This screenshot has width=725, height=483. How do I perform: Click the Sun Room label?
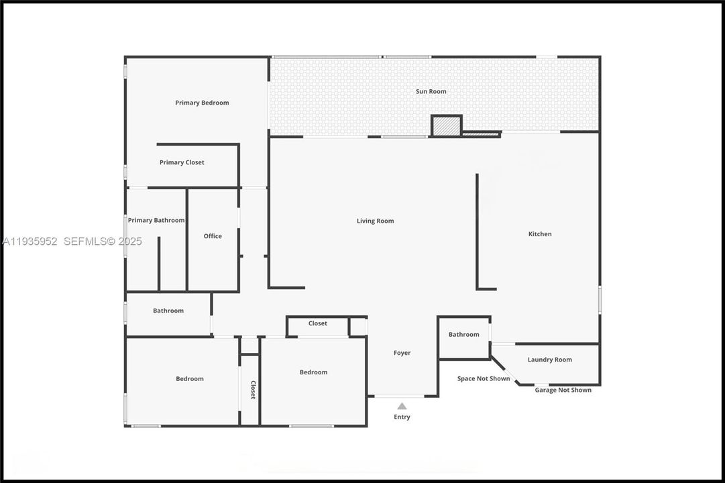click(x=431, y=91)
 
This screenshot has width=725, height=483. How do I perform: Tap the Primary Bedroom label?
click(x=202, y=103)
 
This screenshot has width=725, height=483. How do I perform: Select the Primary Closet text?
click(x=182, y=162)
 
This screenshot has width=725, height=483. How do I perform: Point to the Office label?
click(x=213, y=236)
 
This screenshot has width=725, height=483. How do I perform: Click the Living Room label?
click(x=375, y=221)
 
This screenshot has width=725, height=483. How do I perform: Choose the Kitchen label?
click(x=540, y=234)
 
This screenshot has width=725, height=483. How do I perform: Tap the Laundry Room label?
click(x=549, y=360)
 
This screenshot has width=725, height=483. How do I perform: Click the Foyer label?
click(x=402, y=353)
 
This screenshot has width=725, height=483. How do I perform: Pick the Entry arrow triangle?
click(x=402, y=406)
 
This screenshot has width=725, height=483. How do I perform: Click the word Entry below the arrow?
click(x=402, y=417)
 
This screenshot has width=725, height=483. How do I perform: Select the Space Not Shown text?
click(x=483, y=379)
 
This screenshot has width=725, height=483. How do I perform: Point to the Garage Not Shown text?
click(x=563, y=390)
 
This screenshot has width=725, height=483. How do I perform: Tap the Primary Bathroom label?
click(x=156, y=220)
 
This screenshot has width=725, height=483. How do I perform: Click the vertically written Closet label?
click(x=253, y=390)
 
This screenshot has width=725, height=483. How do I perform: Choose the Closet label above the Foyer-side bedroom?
click(x=318, y=323)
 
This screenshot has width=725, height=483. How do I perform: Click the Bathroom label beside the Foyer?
click(x=463, y=335)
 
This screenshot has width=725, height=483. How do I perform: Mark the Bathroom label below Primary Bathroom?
click(x=168, y=311)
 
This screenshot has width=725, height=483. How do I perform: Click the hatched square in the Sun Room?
click(x=445, y=126)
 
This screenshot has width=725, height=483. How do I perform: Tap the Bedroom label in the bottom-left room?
click(x=189, y=379)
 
